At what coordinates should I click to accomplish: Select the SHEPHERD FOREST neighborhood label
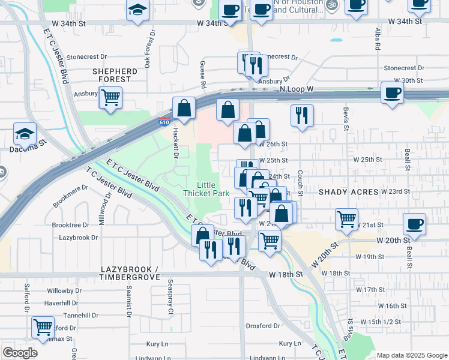point(115,75)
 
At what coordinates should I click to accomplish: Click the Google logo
point(20,353)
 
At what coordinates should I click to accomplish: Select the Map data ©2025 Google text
point(411,355)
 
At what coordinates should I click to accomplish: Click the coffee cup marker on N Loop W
point(392,93)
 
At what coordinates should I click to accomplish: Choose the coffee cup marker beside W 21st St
point(414,224)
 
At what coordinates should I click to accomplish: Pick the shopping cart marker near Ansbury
point(110,97)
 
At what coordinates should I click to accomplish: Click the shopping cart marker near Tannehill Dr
point(43,328)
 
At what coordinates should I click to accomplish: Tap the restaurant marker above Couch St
point(302,115)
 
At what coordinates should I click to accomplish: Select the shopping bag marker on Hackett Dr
point(184,109)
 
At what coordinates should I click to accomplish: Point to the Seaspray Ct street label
point(170,297)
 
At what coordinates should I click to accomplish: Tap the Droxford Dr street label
point(264,326)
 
